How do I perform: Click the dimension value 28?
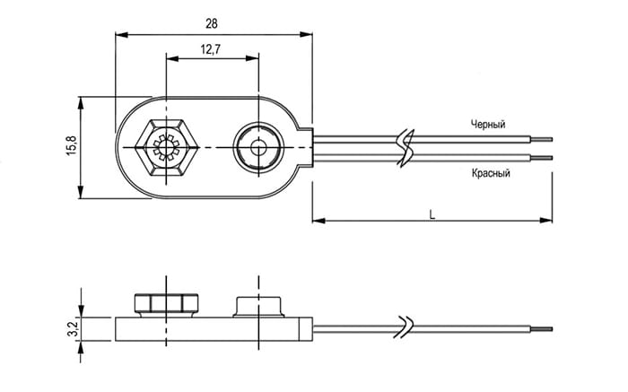[212, 24]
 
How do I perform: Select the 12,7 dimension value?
[211, 49]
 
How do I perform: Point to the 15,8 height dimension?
[71, 145]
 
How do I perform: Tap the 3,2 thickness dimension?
[72, 329]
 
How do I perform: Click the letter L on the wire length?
[432, 215]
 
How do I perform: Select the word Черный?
[488, 124]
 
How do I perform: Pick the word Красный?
[491, 173]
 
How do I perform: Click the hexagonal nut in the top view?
[166, 148]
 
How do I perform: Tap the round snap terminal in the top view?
[258, 148]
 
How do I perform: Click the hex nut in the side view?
[166, 304]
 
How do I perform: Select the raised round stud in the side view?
[258, 307]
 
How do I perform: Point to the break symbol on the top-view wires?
[405, 147]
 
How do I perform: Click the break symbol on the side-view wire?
[405, 327]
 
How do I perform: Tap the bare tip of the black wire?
[542, 139]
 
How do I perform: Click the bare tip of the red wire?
[542, 158]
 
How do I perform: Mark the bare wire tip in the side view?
[542, 329]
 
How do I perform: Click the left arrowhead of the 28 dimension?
[121, 35]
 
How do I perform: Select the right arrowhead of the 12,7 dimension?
[252, 59]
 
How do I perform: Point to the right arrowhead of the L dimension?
[545, 221]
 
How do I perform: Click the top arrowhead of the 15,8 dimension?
[81, 102]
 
